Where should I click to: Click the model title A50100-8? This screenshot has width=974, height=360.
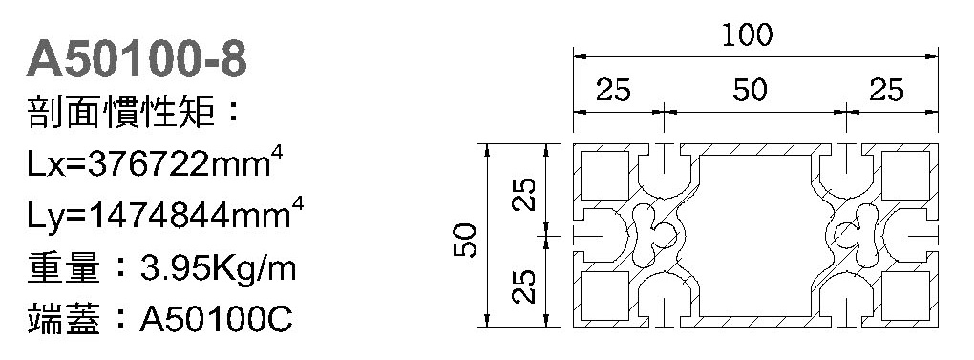point(137,61)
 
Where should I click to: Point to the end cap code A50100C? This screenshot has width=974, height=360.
point(216,320)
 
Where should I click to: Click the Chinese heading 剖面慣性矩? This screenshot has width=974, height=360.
point(122,113)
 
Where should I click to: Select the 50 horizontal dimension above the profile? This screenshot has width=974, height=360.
point(750,91)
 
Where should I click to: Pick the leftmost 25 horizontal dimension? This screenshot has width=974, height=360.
point(614,91)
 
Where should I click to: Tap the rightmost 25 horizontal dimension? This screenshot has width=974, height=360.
point(886,91)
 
